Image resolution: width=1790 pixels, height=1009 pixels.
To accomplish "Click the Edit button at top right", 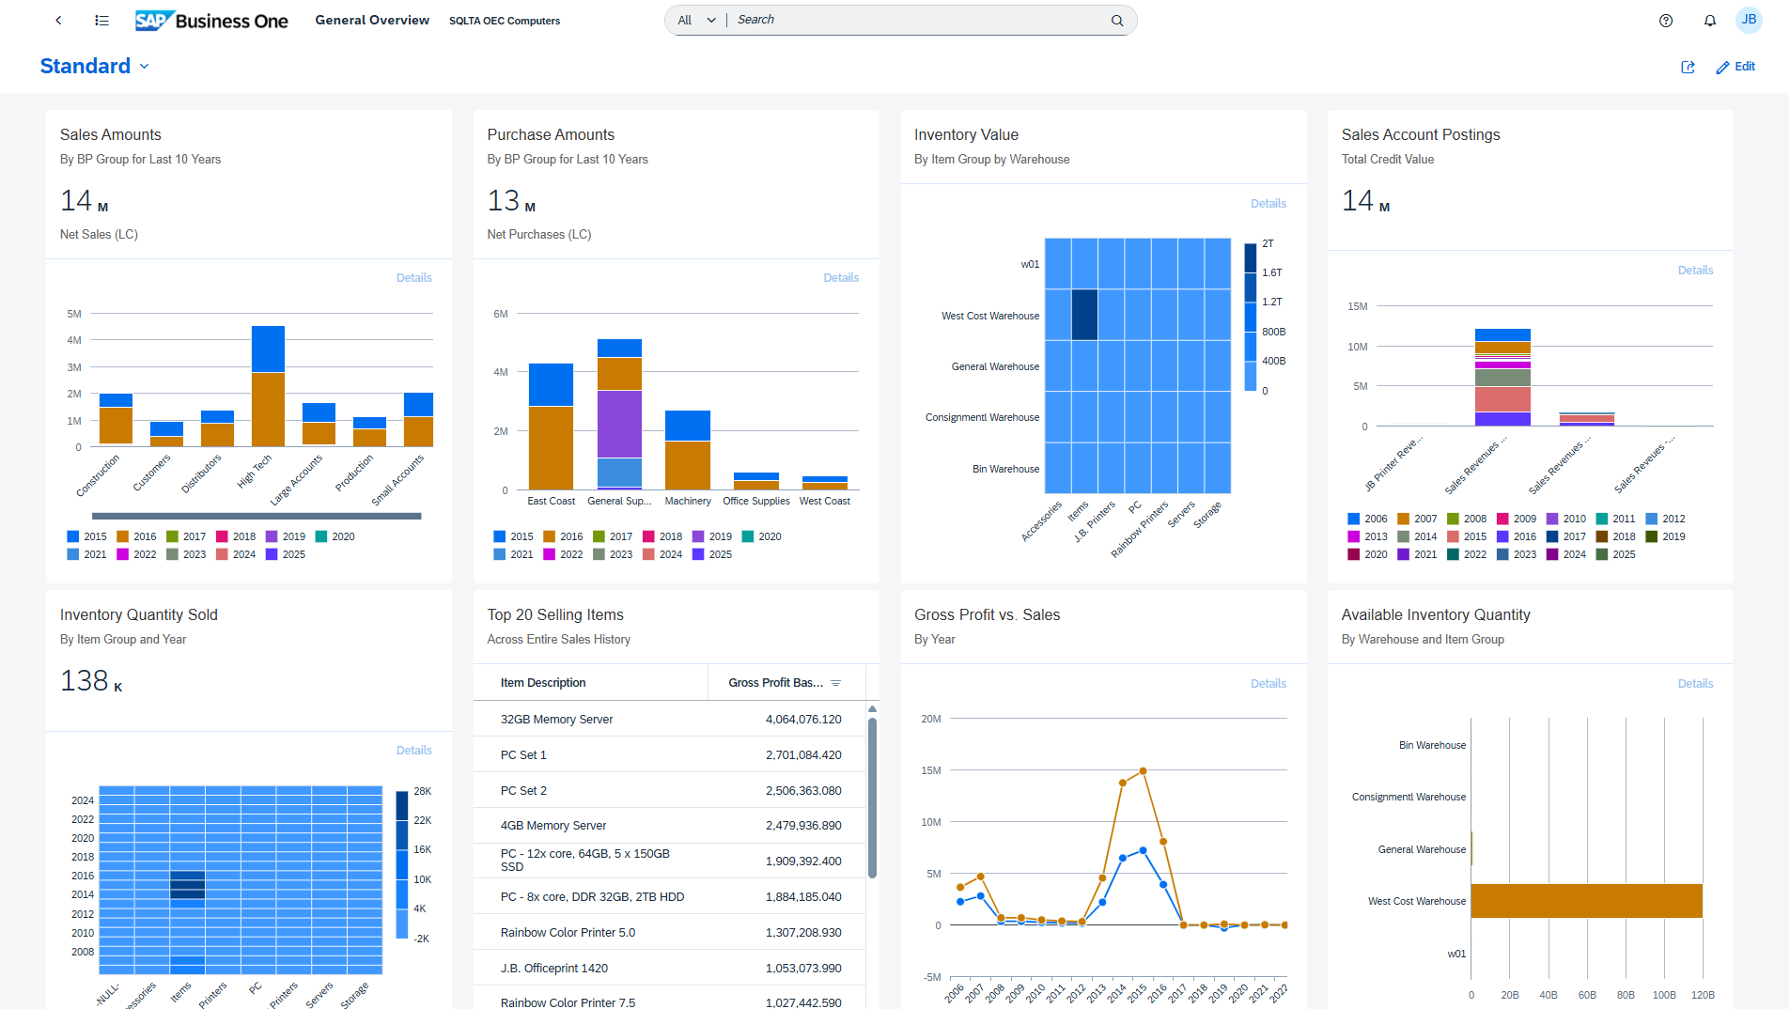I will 1736,67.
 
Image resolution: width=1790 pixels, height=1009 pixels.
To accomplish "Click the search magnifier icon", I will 1117,21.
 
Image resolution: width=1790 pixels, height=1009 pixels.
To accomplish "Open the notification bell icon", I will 1710,21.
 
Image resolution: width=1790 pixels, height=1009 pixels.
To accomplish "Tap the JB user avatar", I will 1749,20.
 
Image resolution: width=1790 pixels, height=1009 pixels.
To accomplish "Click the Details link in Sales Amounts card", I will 413,278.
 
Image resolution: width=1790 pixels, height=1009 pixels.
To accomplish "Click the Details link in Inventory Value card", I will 1268,204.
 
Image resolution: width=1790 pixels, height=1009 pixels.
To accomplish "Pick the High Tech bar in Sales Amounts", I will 268,387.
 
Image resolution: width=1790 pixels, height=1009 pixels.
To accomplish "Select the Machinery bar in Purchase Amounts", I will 688,451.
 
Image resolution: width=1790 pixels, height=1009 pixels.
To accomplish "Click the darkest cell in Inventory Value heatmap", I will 1084,315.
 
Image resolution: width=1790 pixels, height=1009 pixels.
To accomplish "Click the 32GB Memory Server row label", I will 556,720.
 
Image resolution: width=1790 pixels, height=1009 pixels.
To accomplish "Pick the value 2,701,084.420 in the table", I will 803,755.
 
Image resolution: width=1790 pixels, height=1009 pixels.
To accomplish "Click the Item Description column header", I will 543,683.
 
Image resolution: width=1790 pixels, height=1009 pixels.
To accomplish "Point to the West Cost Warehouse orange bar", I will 1586,901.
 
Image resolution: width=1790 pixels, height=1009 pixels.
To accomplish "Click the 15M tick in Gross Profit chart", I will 931,770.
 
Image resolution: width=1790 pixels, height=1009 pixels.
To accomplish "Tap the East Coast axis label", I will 551,502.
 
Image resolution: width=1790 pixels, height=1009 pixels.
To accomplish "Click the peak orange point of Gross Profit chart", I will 1143,771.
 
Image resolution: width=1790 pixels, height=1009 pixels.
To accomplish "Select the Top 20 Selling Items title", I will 555,614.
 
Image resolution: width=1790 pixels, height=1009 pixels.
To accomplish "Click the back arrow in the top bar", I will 58,21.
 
